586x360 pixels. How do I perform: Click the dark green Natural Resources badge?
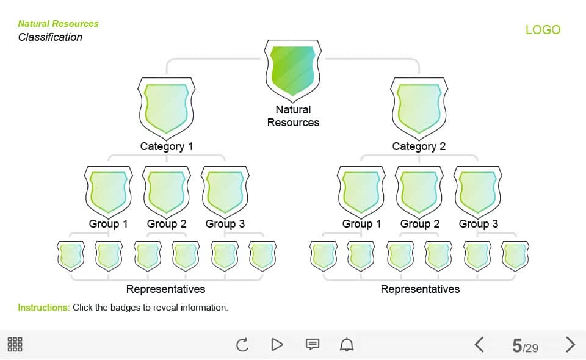292,71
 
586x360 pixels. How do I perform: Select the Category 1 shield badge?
166,108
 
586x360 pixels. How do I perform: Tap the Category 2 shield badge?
419,108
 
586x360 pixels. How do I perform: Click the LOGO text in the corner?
543,30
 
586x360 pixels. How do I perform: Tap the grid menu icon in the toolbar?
15,344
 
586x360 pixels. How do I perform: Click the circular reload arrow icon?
242,344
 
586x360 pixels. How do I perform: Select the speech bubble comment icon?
313,344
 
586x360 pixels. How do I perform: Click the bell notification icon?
347,344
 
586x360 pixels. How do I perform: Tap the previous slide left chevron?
479,344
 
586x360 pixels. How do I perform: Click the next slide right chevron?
570,344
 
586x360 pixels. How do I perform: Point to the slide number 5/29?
525,346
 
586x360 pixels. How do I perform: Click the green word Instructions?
44,308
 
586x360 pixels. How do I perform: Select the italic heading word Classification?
50,37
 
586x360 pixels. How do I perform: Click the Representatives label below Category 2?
420,289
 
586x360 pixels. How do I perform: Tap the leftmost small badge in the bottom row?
71,256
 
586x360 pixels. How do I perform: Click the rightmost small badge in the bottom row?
515,256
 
